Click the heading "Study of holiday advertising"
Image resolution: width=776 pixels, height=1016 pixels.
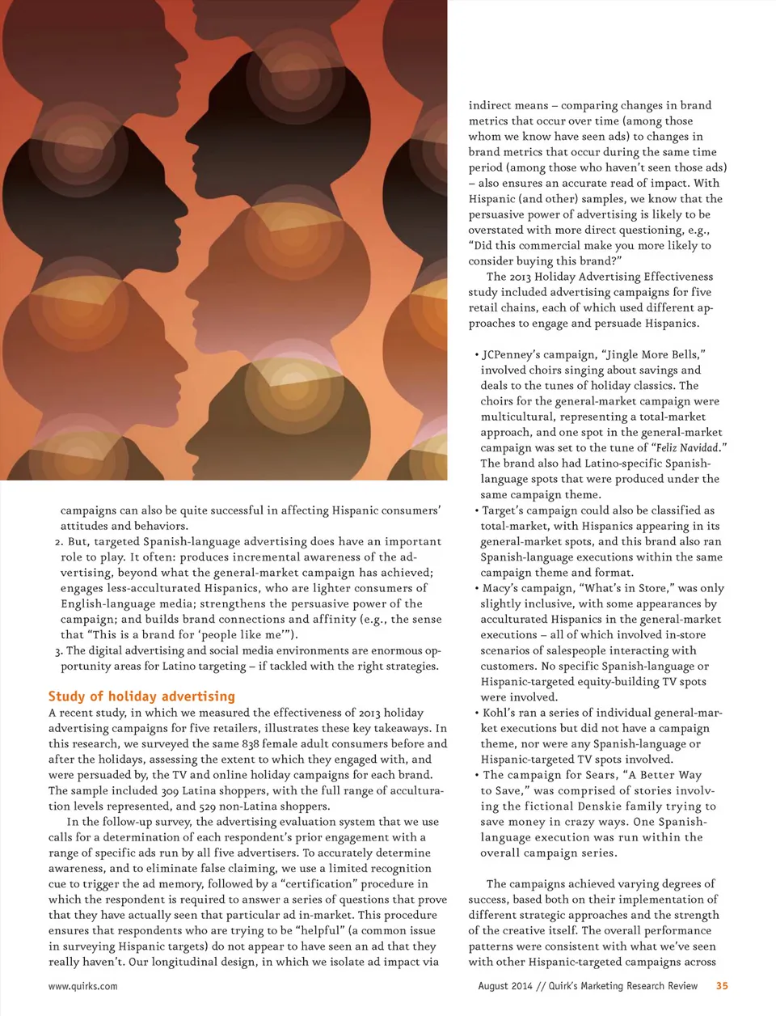[x=141, y=696]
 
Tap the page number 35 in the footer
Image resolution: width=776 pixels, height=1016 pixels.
[x=722, y=985]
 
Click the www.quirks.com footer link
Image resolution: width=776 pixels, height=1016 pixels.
[x=82, y=986]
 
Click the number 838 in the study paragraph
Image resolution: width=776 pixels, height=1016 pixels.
[x=251, y=743]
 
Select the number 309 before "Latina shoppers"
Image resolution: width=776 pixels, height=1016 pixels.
[x=170, y=790]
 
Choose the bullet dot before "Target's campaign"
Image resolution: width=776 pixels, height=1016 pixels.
[x=477, y=510]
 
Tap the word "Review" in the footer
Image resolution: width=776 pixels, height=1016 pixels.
[x=681, y=985]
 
